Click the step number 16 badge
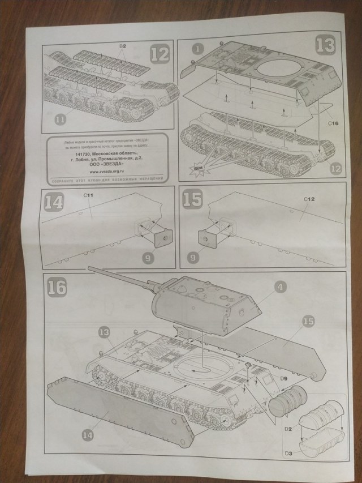tap(57, 286)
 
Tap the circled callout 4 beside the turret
tap(278, 287)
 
